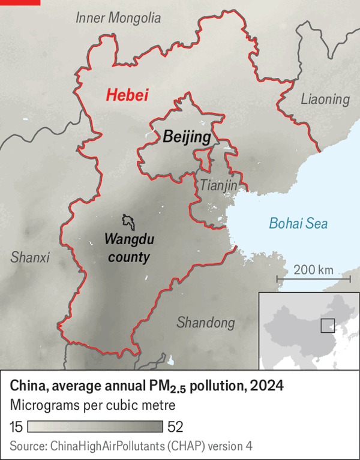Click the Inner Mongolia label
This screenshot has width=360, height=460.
pyautogui.click(x=118, y=19)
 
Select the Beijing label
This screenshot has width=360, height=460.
pyautogui.click(x=187, y=137)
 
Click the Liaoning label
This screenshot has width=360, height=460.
pyautogui.click(x=325, y=99)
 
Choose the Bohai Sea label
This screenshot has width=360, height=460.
pyautogui.click(x=298, y=224)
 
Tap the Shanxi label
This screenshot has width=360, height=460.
pyautogui.click(x=30, y=257)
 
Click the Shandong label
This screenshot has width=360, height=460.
pyautogui.click(x=205, y=323)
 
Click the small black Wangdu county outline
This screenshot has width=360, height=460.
pyautogui.click(x=127, y=221)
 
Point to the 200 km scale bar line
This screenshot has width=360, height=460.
pyautogui.click(x=313, y=279)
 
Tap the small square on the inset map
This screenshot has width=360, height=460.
pyautogui.click(x=327, y=325)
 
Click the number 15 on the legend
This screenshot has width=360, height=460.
pyautogui.click(x=16, y=426)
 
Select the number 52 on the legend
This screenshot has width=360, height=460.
pyautogui.click(x=175, y=426)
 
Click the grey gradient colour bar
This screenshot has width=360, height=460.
pyautogui.click(x=95, y=426)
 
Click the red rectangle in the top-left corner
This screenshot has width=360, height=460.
pyautogui.click(x=20, y=2)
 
